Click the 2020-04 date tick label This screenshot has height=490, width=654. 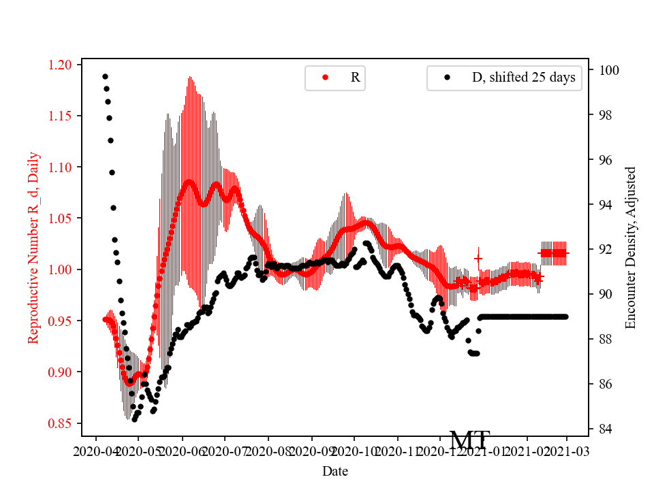pos(95,451)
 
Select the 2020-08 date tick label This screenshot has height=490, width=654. pos(268,451)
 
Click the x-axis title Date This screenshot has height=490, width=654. pos(334,471)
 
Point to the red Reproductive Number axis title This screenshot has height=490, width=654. pos(33,247)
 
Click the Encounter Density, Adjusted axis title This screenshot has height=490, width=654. pos(630,247)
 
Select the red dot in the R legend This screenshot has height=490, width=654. pos(325,78)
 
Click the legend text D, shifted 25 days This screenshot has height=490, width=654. pos(523,78)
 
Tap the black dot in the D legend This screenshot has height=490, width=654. pos(447,78)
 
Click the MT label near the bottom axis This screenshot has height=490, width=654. pos(469,441)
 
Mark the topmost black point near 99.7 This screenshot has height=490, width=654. pos(105,76)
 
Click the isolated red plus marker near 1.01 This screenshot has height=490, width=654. pos(478,259)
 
